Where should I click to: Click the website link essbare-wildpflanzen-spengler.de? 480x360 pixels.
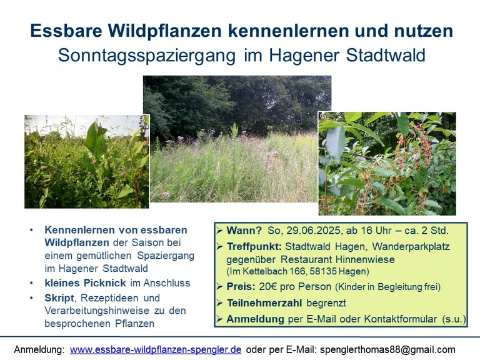(x=156, y=349)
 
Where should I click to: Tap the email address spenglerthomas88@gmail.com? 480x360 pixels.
(x=387, y=349)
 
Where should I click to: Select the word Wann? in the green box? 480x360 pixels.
(x=244, y=231)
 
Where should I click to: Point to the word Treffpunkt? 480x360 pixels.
(x=254, y=246)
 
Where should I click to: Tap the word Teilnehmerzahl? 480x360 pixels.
(x=264, y=303)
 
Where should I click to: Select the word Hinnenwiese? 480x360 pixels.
(x=365, y=259)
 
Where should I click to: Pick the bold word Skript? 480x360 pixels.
(x=59, y=298)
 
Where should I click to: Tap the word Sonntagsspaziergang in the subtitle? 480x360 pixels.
(x=147, y=56)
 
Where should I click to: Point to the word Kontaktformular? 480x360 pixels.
(x=401, y=319)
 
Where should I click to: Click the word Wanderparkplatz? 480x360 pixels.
(x=411, y=246)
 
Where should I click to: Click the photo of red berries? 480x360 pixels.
(x=387, y=164)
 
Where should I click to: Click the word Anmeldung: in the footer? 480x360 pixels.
(x=39, y=349)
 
